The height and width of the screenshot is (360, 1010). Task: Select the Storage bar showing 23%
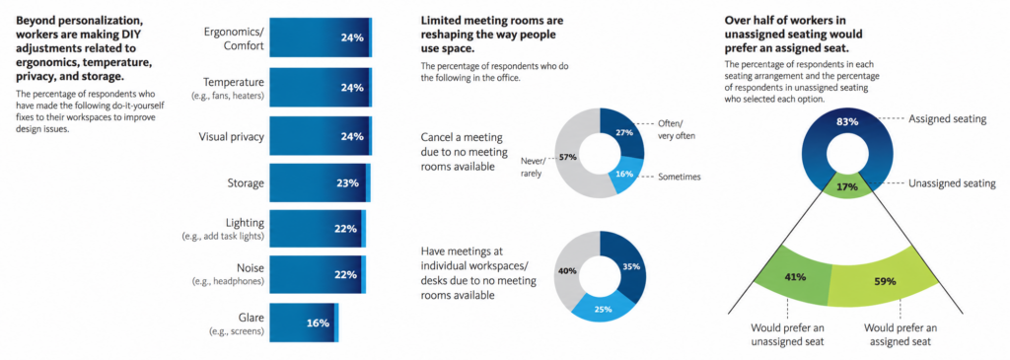click(321, 182)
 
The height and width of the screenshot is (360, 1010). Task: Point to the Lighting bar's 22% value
click(346, 229)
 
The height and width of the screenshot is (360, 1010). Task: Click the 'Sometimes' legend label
click(679, 177)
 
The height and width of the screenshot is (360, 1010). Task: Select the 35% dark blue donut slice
click(628, 265)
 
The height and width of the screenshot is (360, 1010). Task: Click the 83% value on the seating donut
click(846, 121)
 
